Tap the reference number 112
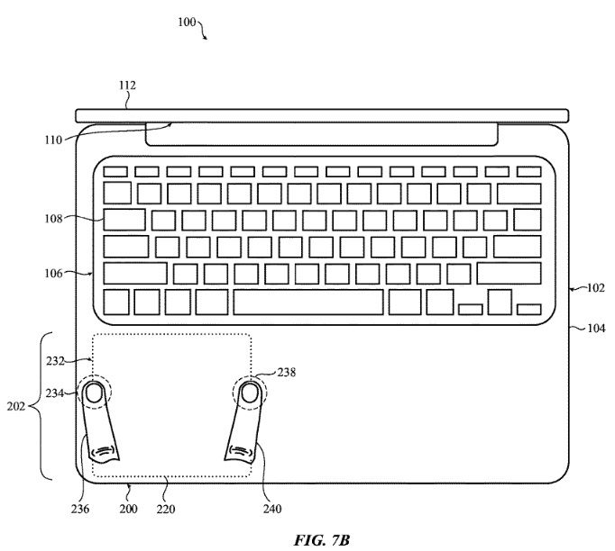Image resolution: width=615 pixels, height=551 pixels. (126, 86)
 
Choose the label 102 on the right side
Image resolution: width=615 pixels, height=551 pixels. (593, 289)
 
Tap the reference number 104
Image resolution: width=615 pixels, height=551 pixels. (594, 329)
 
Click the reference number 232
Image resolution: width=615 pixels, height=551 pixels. (56, 360)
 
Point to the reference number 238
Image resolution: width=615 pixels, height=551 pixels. (286, 371)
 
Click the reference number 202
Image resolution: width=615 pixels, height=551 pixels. (16, 406)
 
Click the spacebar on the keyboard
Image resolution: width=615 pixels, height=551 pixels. (307, 302)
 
